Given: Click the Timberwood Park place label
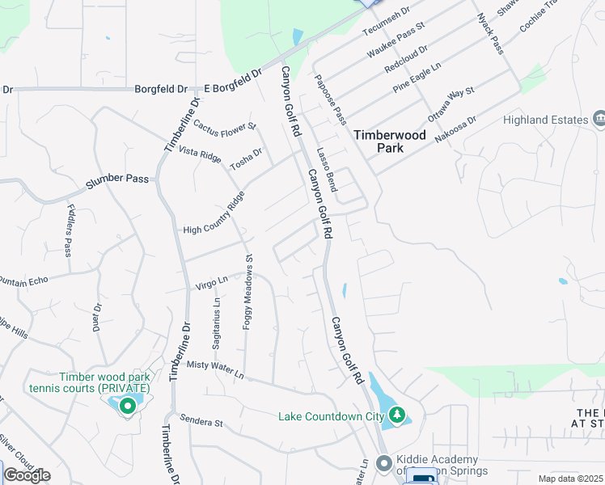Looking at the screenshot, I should click(389, 141).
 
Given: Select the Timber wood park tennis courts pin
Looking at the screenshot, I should click(127, 407).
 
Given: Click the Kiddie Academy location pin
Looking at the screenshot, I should click(383, 465).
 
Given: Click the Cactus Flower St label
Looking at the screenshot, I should click(224, 126).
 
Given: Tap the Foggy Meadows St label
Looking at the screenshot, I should click(248, 293).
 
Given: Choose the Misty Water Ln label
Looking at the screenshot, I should click(214, 366).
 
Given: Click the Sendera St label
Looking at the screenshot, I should click(201, 422).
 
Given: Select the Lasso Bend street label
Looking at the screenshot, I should click(327, 168).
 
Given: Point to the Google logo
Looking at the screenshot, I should click(27, 474).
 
